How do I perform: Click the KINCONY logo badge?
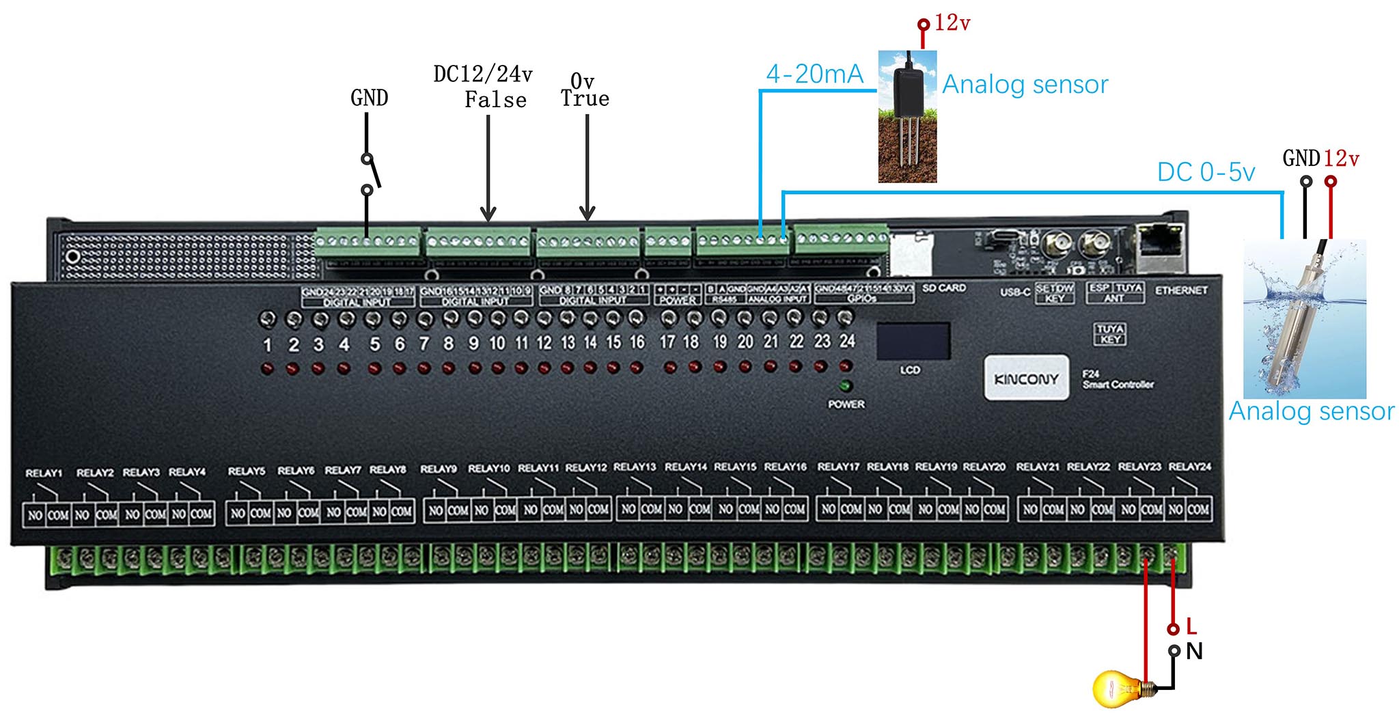click(x=1026, y=378)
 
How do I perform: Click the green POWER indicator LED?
click(x=846, y=386)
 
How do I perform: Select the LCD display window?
click(x=913, y=341)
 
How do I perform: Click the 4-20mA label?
click(x=814, y=74)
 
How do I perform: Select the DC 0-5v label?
click(x=1206, y=172)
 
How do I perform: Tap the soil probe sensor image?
click(x=907, y=116)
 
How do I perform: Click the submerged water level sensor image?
click(x=1304, y=319)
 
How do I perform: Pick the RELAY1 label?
click(x=44, y=473)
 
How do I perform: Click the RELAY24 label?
click(x=1189, y=467)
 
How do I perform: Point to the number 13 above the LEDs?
click(x=568, y=342)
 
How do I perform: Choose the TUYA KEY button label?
click(x=1110, y=334)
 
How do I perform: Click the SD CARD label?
click(x=944, y=288)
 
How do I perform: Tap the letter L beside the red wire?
click(x=1191, y=626)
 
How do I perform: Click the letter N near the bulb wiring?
click(x=1194, y=651)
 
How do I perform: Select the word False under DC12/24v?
click(x=495, y=100)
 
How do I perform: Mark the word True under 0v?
click(x=585, y=98)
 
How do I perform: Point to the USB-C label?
click(x=1015, y=292)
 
